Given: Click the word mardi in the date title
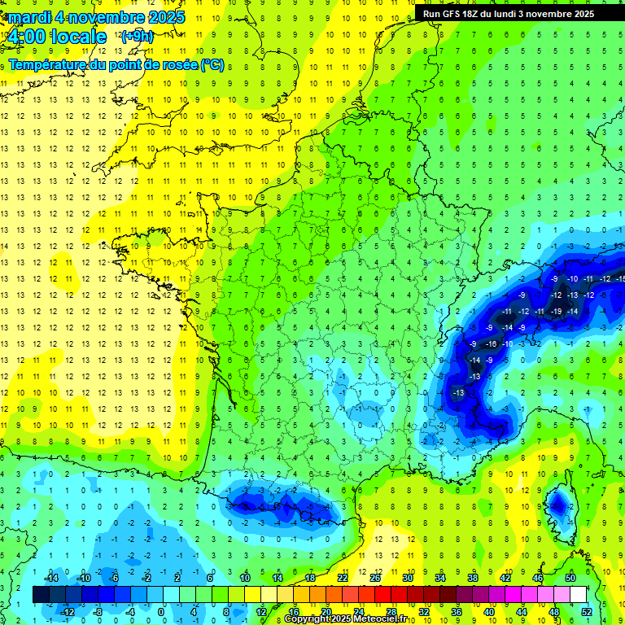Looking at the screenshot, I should pos(30,17).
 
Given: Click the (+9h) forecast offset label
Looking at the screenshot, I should pos(136,37).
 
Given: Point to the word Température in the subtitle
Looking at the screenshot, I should pos(50,64).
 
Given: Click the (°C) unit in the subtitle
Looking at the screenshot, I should pos(212,64).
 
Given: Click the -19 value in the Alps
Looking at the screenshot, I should pos(557,311).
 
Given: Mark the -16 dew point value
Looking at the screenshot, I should pos(491,344).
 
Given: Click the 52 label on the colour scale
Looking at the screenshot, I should pos(585,612).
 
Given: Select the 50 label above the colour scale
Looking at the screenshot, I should pos(570,578).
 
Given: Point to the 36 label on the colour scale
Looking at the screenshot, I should pos(456,612).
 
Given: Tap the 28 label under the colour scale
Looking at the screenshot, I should pos(391,612).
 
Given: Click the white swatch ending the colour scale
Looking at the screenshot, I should pos(578,595).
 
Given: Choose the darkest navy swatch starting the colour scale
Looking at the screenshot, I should pos(42,595).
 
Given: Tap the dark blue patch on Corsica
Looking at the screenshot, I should pos(558,505).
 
